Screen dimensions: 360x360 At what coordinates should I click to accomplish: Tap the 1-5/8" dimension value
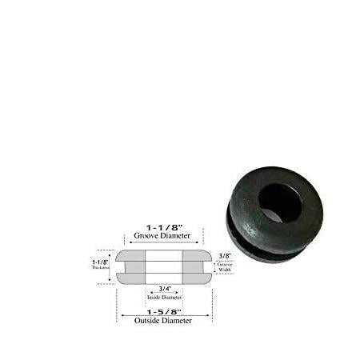(164, 310)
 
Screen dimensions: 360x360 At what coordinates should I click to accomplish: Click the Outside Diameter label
(164, 320)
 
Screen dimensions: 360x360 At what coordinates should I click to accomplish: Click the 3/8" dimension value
(226, 256)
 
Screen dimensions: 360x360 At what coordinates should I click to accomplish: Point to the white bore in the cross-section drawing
(164, 266)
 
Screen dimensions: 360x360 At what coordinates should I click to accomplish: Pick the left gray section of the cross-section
(130, 266)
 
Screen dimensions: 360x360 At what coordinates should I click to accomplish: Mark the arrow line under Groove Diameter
(164, 244)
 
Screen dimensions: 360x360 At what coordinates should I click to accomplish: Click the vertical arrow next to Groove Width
(216, 266)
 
